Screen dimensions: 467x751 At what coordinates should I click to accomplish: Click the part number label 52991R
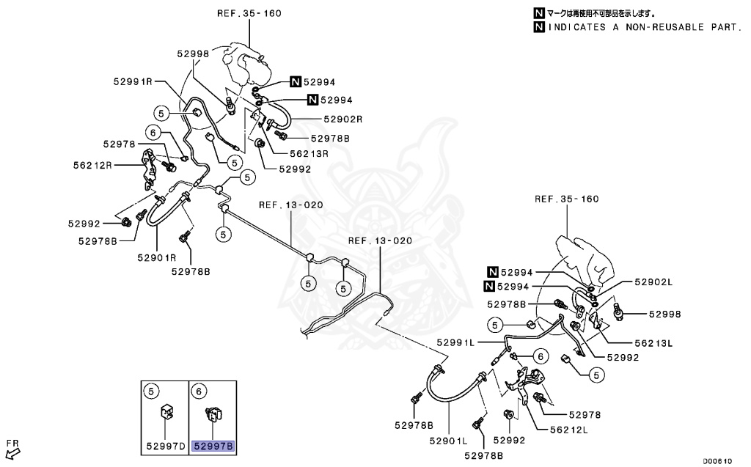[133, 81]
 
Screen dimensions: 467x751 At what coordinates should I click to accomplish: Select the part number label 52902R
[342, 119]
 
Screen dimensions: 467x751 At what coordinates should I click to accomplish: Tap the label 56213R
[308, 154]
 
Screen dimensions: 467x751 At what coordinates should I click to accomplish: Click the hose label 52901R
[157, 257]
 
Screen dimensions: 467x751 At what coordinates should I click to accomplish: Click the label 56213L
[654, 342]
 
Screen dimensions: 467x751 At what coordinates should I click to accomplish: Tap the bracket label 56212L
[569, 430]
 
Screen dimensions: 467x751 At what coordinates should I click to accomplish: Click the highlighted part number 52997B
[213, 445]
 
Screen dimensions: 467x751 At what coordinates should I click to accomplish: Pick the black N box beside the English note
[539, 28]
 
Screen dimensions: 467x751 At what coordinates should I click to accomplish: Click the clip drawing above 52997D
[166, 413]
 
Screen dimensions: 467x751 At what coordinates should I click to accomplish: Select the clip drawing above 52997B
[213, 415]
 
